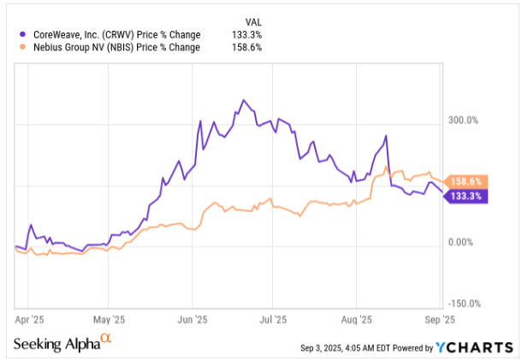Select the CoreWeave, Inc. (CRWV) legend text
115,34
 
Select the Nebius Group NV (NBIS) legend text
115,48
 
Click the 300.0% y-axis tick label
466,121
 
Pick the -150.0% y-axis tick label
466,304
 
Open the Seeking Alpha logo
62,343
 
